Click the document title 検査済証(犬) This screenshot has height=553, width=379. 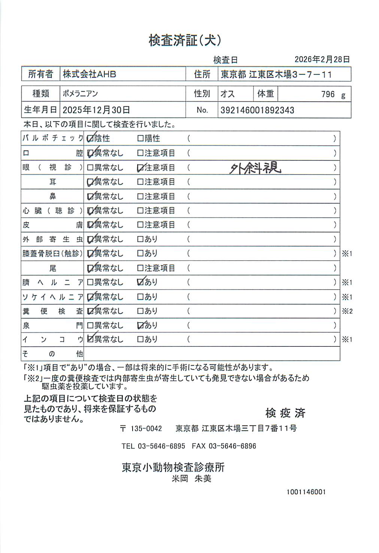185,40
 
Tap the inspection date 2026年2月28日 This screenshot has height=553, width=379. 322,59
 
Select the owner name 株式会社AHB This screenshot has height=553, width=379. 90,74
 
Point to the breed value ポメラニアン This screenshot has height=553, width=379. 80,94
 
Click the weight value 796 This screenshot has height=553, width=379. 328,94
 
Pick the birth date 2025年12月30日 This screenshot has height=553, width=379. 96,110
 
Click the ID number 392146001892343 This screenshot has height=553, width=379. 257,110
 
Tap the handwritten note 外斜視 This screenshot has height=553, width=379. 255,168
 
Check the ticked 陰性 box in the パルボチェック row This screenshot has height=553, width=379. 90,139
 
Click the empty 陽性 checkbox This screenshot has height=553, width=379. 140,139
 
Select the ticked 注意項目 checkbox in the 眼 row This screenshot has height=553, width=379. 140,168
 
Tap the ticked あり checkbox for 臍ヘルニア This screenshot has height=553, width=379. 141,282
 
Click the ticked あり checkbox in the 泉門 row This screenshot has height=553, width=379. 141,326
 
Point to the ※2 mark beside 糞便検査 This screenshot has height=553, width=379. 347,311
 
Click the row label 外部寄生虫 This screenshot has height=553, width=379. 52,239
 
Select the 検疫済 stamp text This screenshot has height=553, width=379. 285,413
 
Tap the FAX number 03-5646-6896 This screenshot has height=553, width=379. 232,446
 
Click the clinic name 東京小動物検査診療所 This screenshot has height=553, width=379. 173,467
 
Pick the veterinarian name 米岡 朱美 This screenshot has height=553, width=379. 191,479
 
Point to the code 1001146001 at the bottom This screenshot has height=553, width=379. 306,492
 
